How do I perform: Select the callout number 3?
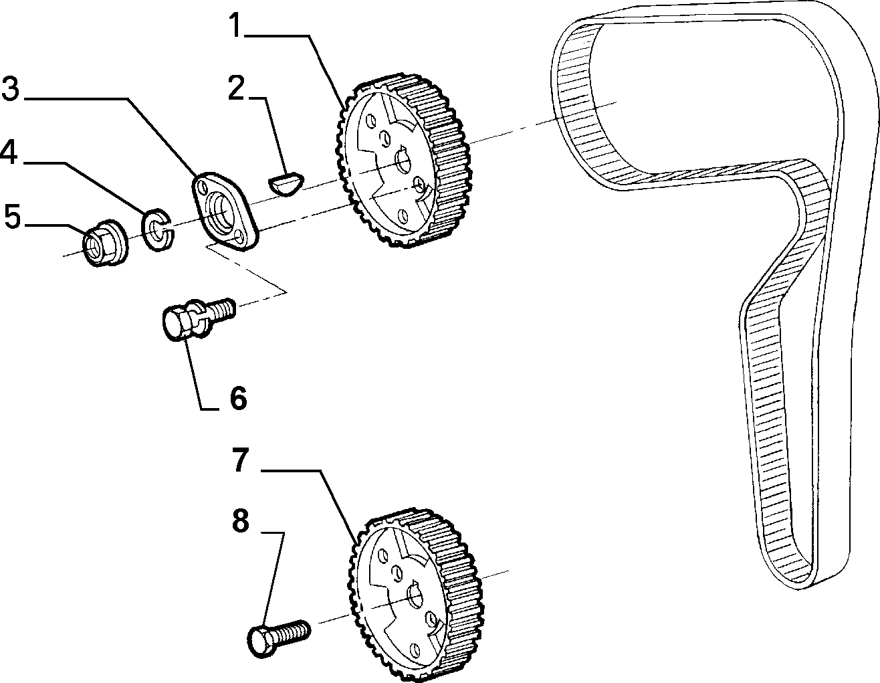point(11,89)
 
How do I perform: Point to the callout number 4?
point(9,153)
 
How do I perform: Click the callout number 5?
point(12,216)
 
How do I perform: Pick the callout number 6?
point(238,399)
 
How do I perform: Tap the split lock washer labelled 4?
point(157,229)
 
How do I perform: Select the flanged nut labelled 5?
point(104,242)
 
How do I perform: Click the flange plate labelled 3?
point(225,211)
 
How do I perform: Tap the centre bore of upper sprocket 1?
point(404,161)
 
